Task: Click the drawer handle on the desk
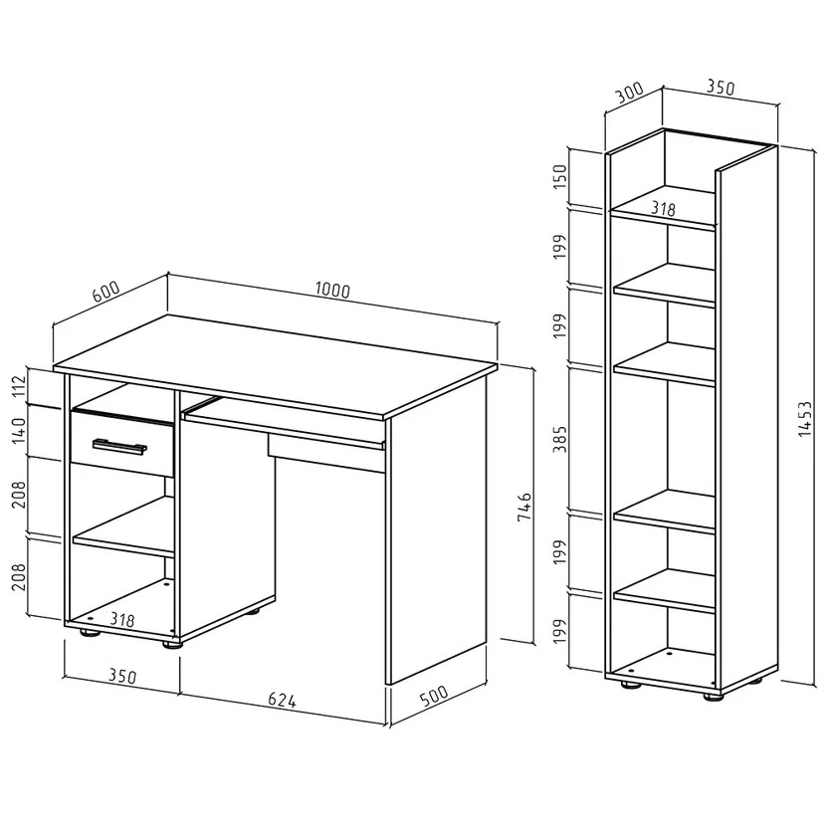pyautogui.click(x=119, y=446)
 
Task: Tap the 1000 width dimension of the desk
pyautogui.click(x=332, y=291)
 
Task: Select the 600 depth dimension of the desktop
pyautogui.click(x=105, y=291)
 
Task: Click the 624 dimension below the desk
pyautogui.click(x=282, y=700)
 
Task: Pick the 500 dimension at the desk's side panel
pyautogui.click(x=434, y=696)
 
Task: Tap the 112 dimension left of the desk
pyautogui.click(x=19, y=386)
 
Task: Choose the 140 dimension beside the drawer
pyautogui.click(x=19, y=430)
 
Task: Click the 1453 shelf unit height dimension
pyautogui.click(x=804, y=418)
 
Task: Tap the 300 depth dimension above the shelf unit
pyautogui.click(x=630, y=94)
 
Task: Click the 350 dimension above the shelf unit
pyautogui.click(x=721, y=88)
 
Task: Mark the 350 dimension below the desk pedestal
pyautogui.click(x=122, y=676)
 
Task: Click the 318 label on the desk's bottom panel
pyautogui.click(x=122, y=619)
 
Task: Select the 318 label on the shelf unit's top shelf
pyautogui.click(x=663, y=208)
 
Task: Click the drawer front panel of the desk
pyautogui.click(x=122, y=444)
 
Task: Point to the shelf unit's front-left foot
pyautogui.click(x=631, y=684)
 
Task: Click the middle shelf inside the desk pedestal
pyautogui.click(x=123, y=526)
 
